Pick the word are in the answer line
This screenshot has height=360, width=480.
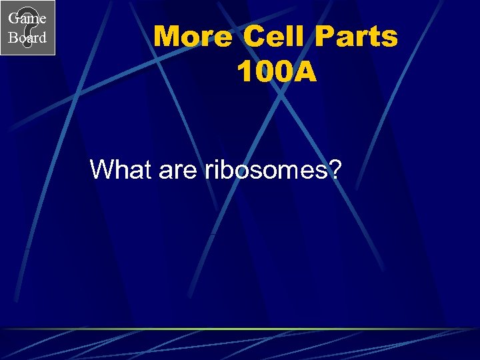(177, 170)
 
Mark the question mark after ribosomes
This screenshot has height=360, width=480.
(334, 170)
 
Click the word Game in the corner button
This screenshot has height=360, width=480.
(27, 19)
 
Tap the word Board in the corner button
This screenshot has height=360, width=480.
(27, 38)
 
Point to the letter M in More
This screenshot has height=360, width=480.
(167, 37)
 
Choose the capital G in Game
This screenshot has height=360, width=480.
(13, 19)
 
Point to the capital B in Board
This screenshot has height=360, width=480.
(13, 38)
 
